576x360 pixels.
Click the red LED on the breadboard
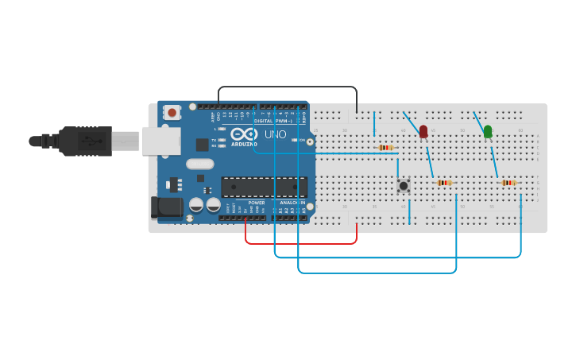point(423,131)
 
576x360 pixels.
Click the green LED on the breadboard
point(488,131)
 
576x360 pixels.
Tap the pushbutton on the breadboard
point(404,185)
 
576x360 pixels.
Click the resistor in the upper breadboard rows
point(385,147)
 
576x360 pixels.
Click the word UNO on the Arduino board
point(275,134)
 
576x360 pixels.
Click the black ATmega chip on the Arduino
point(264,187)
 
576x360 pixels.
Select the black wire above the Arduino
point(286,87)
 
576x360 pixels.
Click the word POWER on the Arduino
point(256,203)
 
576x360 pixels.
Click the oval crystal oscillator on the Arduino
point(200,165)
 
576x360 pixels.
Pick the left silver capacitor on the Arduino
point(196,204)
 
